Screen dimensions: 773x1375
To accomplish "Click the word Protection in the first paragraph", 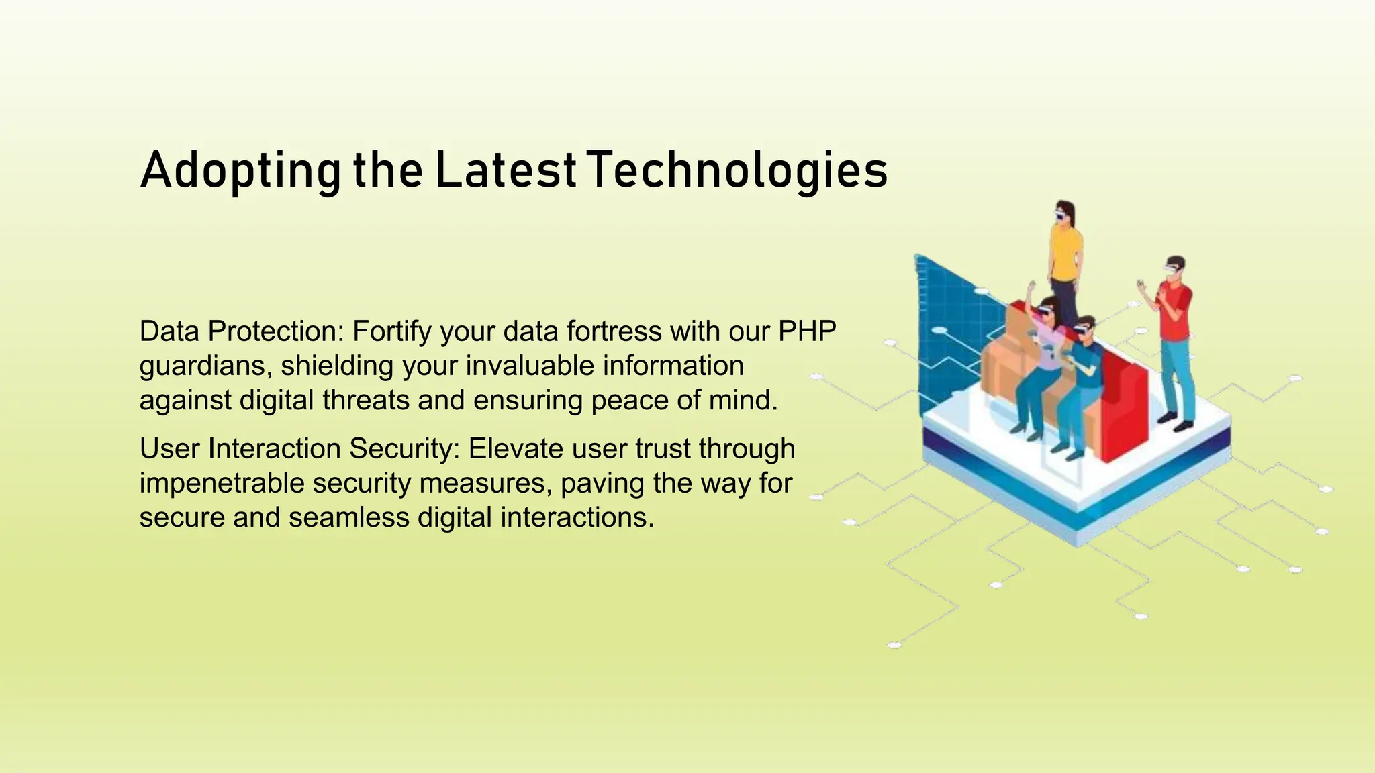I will pos(275,331).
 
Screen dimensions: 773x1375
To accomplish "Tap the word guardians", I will pos(205,366).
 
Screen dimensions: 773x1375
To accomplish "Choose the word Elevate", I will pos(516,448).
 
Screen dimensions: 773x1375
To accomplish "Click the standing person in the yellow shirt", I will pos(1065,255).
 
